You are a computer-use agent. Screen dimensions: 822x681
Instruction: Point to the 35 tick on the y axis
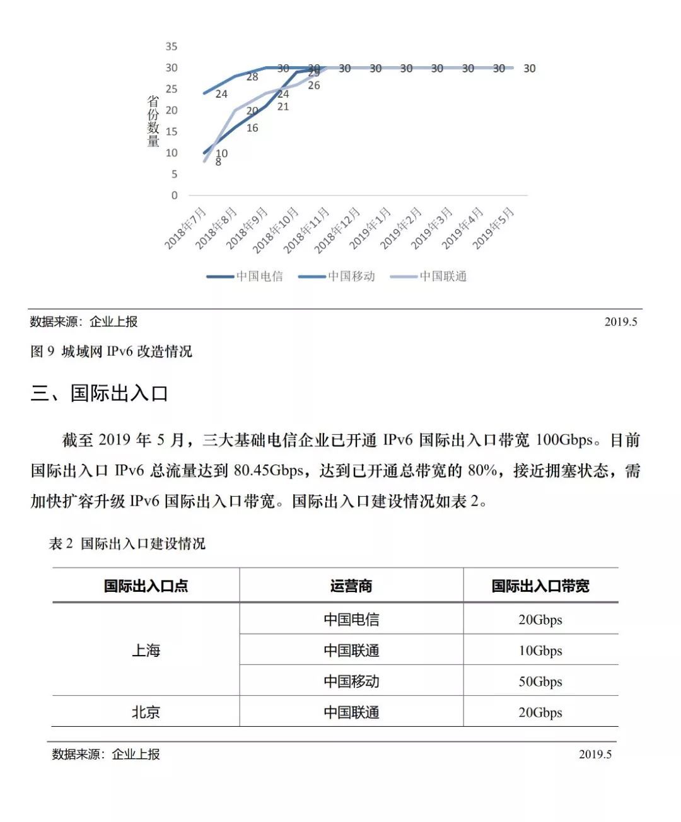click(x=172, y=47)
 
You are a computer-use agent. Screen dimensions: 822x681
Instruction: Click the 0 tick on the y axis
click(x=175, y=195)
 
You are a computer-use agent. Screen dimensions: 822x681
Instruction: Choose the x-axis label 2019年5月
click(x=494, y=228)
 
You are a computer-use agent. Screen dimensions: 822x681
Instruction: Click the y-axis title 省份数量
click(x=153, y=121)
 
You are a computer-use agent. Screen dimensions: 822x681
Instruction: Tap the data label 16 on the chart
click(x=252, y=128)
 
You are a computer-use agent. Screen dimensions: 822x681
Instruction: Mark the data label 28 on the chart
click(x=252, y=77)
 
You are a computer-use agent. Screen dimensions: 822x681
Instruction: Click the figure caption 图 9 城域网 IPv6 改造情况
click(x=111, y=351)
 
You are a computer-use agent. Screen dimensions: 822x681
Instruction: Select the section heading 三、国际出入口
click(x=99, y=393)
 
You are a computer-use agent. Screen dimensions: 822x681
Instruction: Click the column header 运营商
click(x=351, y=586)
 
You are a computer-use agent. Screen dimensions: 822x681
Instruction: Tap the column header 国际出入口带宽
click(x=540, y=586)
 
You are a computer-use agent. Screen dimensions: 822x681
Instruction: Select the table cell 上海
click(x=146, y=650)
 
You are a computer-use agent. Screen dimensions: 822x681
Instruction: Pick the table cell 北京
click(x=146, y=712)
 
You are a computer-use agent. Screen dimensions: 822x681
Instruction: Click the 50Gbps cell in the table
click(x=540, y=681)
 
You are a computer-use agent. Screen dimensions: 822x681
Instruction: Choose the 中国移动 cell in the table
click(x=351, y=681)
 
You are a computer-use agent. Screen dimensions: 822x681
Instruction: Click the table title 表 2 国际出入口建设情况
click(x=127, y=543)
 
